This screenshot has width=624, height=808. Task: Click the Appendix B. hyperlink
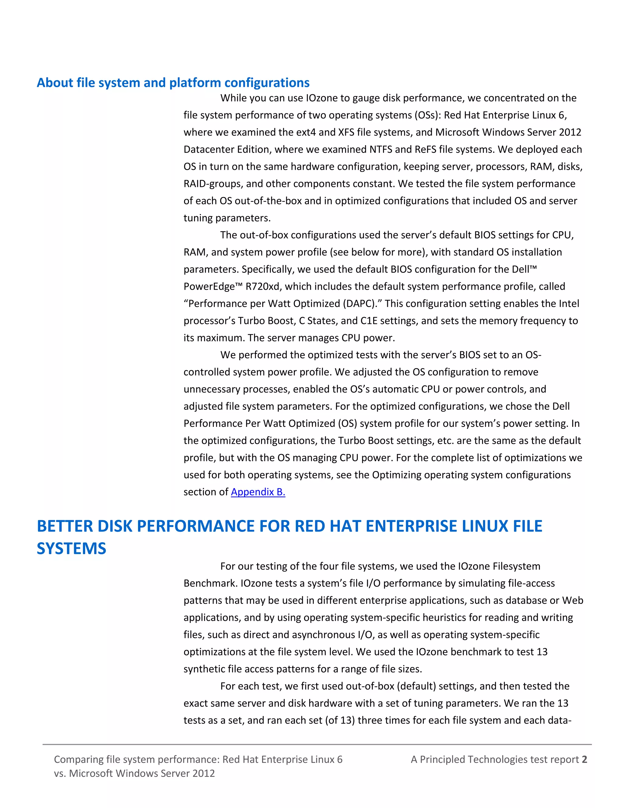click(258, 492)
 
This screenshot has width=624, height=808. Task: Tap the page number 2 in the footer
click(584, 759)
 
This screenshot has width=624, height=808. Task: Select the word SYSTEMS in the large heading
click(71, 548)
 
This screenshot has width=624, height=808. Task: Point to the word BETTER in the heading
click(64, 526)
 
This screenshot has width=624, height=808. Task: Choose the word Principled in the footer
click(442, 759)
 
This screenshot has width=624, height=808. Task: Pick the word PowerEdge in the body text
click(209, 286)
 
